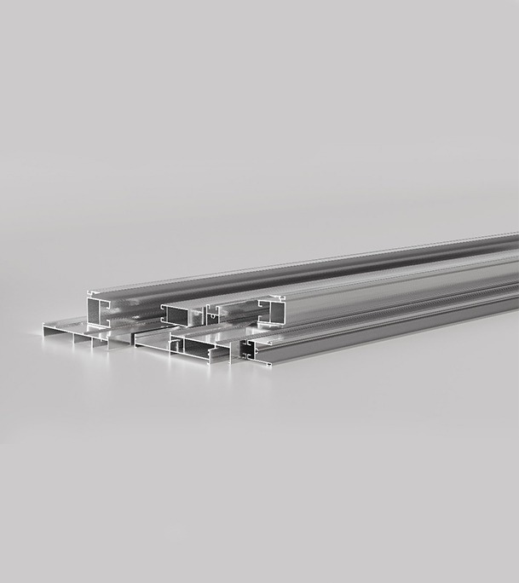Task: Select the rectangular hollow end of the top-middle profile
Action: [178, 315]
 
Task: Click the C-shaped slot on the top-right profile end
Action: [266, 301]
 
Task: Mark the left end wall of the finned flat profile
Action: [44, 329]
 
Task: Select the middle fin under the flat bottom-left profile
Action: [92, 342]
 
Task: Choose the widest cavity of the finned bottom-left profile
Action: [59, 334]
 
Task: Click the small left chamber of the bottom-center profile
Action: [178, 346]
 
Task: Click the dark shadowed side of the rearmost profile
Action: [383, 259]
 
